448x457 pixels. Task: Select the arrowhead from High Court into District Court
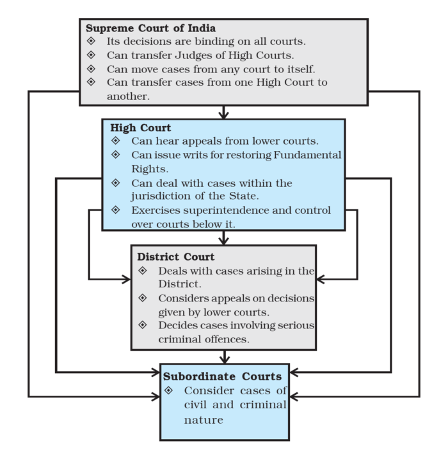[x=223, y=240]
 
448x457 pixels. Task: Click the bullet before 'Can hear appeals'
[x=115, y=141]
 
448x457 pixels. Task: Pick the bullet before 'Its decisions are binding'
[x=91, y=41]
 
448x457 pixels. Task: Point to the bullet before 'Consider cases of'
[x=170, y=390]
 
